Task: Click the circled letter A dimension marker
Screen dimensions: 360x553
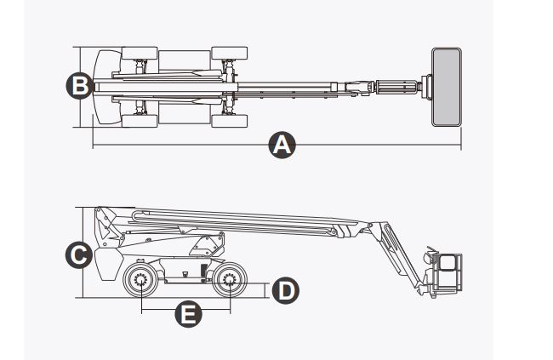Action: click(280, 146)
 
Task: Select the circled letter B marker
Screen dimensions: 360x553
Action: click(79, 85)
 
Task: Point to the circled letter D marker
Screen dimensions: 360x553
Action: click(285, 290)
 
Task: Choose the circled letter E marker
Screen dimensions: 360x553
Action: click(187, 314)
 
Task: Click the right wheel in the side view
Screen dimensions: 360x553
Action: click(229, 281)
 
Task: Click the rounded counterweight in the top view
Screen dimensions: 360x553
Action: click(105, 86)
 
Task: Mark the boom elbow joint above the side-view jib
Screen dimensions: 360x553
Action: click(372, 228)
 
